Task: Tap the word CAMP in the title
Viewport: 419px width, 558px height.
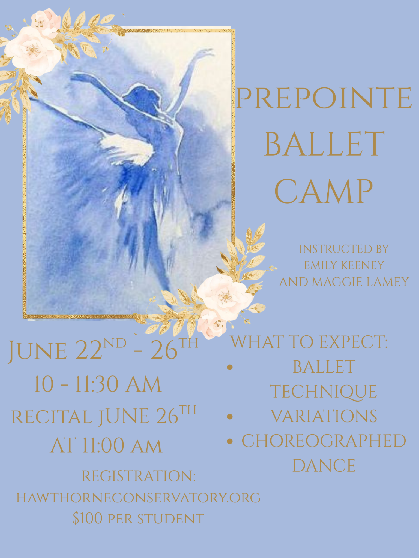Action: [x=324, y=191]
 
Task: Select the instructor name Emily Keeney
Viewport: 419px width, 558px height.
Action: [x=344, y=265]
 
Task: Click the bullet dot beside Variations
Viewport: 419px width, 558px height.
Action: [x=230, y=416]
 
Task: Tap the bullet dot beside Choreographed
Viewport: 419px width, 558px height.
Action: [x=230, y=441]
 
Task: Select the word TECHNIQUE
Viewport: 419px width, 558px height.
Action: [x=324, y=392]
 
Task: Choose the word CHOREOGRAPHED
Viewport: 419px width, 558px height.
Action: [x=324, y=441]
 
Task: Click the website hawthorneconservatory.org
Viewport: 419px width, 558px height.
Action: [x=139, y=498]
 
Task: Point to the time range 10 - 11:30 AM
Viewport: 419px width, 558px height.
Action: [x=98, y=384]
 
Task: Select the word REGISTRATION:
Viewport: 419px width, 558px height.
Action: [x=139, y=476]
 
